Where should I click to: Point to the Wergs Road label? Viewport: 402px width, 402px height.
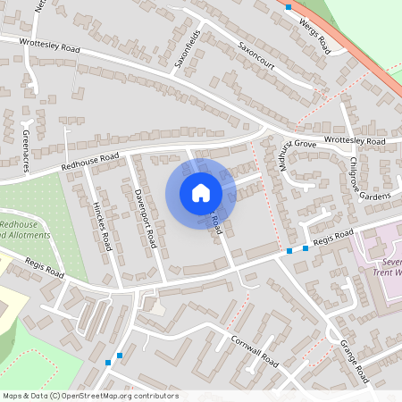[316, 28]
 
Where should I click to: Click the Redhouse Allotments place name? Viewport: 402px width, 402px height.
[24, 230]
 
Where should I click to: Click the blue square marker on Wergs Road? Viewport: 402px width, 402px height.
[289, 7]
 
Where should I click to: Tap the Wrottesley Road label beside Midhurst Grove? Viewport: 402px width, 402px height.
[355, 142]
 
